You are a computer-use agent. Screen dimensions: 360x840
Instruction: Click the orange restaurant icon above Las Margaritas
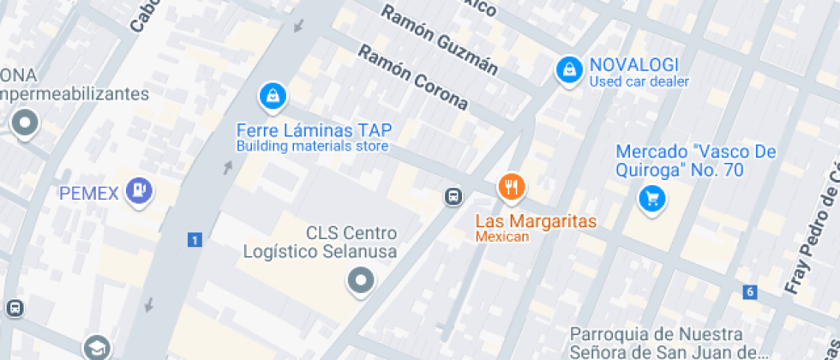point(512,187)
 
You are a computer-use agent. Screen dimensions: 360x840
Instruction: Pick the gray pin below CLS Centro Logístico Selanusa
point(361,280)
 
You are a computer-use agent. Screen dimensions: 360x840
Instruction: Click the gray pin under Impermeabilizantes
point(24,123)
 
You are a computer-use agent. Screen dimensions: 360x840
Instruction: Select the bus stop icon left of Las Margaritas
point(452,197)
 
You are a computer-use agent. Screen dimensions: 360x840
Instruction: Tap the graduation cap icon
point(96,347)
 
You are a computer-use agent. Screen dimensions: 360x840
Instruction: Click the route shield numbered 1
point(195,240)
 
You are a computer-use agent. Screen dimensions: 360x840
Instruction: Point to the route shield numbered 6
point(750,292)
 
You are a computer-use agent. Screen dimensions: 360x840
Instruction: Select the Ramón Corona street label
point(413,78)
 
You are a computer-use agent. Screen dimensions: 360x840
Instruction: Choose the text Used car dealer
point(639,82)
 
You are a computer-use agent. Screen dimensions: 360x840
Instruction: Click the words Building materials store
point(313,147)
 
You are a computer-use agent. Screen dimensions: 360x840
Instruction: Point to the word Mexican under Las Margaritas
point(502,237)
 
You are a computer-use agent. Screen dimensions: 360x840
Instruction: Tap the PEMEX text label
point(88,193)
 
